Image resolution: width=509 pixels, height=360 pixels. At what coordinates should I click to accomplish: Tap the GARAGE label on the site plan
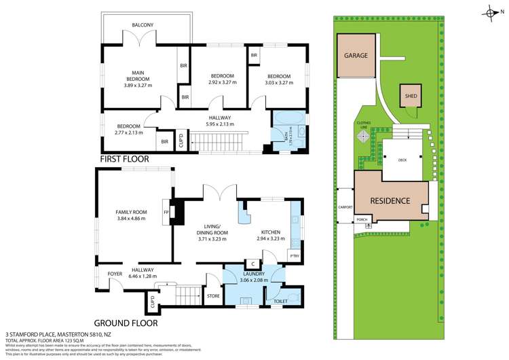point(356,56)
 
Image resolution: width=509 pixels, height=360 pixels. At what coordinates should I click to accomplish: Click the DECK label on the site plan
point(402,161)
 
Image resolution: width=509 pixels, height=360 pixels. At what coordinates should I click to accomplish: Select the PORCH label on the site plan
point(362,219)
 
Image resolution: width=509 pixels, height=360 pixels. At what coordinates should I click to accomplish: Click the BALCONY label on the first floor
point(143,25)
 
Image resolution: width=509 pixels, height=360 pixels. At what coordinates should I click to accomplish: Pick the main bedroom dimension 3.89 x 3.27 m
point(138,85)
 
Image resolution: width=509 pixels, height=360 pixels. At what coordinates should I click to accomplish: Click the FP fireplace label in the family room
point(166,212)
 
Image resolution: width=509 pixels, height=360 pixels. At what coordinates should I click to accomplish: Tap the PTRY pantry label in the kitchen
point(294,255)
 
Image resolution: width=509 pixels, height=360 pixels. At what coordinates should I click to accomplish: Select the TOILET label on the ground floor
point(280,299)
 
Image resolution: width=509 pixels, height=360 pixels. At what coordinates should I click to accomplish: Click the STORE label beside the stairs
point(213,295)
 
